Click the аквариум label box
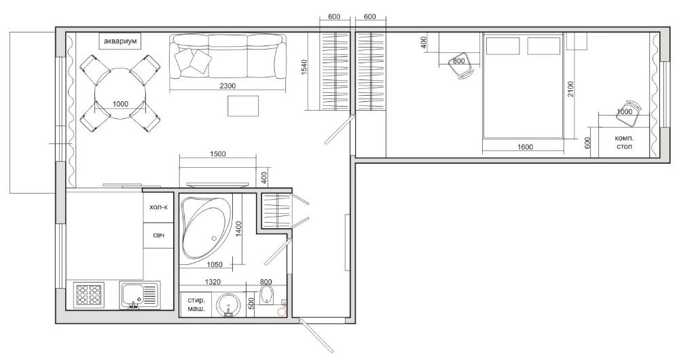coord(120,42)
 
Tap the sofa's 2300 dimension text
coord(227,86)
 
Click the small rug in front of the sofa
coord(243,106)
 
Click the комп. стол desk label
coord(623,142)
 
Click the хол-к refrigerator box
coord(158,209)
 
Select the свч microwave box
coord(158,235)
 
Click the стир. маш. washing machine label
coord(194,304)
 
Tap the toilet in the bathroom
coord(267,296)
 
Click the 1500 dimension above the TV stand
coord(217,154)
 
